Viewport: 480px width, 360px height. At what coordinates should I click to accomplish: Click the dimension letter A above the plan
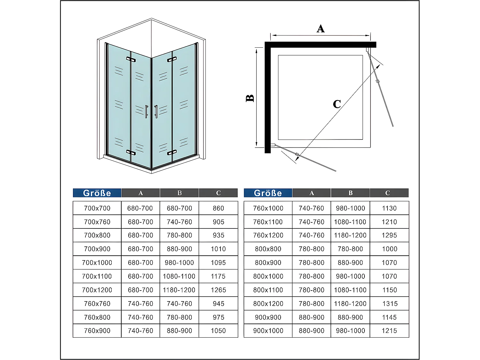click(320, 29)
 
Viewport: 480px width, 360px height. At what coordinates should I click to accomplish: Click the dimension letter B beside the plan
click(250, 98)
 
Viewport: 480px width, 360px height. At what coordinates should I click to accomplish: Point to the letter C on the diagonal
click(337, 104)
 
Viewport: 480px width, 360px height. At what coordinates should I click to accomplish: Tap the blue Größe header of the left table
click(97, 193)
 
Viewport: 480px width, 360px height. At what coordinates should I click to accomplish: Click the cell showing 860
click(218, 208)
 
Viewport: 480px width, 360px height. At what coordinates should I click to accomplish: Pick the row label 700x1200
click(97, 290)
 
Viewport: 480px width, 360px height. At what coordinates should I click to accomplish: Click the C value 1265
click(218, 290)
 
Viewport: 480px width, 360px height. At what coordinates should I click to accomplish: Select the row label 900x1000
click(268, 331)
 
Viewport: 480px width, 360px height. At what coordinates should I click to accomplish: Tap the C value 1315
click(389, 304)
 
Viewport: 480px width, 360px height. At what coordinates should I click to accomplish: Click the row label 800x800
click(268, 249)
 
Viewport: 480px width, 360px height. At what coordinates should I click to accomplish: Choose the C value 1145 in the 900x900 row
click(389, 317)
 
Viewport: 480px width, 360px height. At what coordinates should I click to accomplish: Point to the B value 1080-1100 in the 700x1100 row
click(179, 276)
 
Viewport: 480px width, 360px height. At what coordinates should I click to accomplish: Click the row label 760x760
click(97, 304)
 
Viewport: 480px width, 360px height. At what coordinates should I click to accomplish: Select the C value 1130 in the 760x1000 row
click(389, 208)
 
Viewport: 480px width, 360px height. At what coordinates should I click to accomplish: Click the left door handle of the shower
click(147, 112)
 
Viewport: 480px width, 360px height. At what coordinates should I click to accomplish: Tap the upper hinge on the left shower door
click(131, 60)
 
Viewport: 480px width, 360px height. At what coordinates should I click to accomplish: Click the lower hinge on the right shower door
click(172, 152)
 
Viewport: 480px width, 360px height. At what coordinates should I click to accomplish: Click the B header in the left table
click(179, 193)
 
